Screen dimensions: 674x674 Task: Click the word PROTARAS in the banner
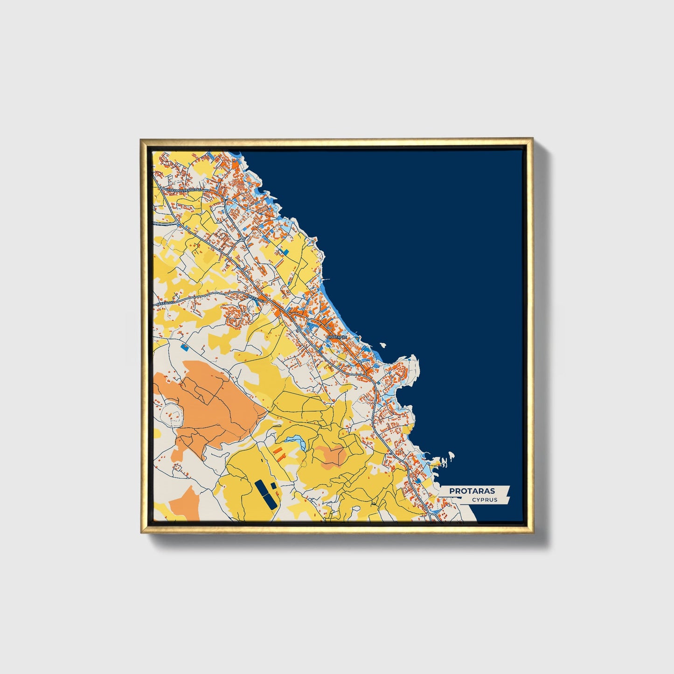click(x=472, y=491)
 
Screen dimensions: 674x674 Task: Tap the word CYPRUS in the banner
click(x=484, y=500)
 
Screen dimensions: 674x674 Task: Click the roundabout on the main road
click(x=243, y=239)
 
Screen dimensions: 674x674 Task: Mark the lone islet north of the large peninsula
click(x=383, y=346)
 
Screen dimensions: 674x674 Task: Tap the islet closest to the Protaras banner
click(x=451, y=455)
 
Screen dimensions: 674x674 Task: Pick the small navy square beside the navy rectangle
click(x=273, y=486)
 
